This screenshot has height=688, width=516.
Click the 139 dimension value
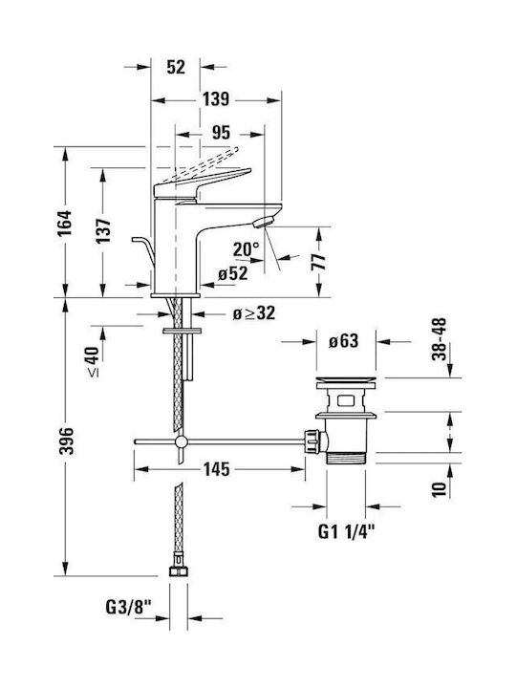215,98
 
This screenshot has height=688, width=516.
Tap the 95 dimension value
221,132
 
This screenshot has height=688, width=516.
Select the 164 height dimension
65,223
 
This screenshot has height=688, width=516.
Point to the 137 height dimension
103,231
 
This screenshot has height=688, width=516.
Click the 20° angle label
247,249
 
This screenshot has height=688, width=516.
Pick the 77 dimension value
320,262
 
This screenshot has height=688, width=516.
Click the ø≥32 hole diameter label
253,313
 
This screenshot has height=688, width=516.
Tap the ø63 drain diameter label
344,341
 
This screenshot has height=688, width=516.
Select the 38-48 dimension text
439,339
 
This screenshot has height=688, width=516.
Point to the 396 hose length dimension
66,441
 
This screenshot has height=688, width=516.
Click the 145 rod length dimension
216,469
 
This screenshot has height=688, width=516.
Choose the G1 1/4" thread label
347,532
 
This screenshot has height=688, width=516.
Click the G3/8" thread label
128,608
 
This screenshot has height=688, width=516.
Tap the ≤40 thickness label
93,361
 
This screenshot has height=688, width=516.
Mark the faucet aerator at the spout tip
264,222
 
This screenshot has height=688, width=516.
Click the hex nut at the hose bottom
178,570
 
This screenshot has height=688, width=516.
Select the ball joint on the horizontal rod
181,441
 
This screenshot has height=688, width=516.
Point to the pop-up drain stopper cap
346,381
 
